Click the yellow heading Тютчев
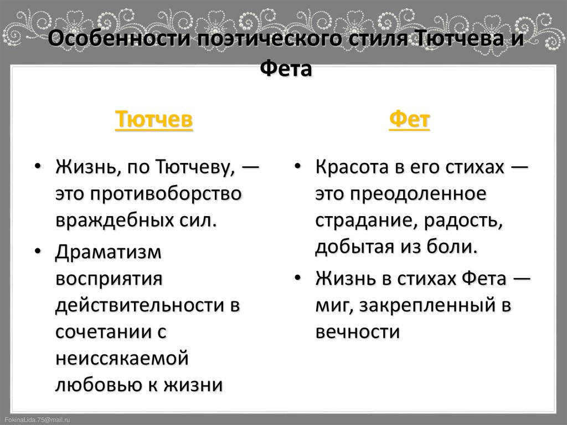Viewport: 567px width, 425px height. (x=154, y=119)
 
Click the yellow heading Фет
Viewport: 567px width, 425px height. (x=410, y=119)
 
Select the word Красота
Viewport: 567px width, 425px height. (x=352, y=167)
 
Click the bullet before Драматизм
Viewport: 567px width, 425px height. (x=37, y=252)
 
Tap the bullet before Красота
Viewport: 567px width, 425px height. (x=298, y=168)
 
